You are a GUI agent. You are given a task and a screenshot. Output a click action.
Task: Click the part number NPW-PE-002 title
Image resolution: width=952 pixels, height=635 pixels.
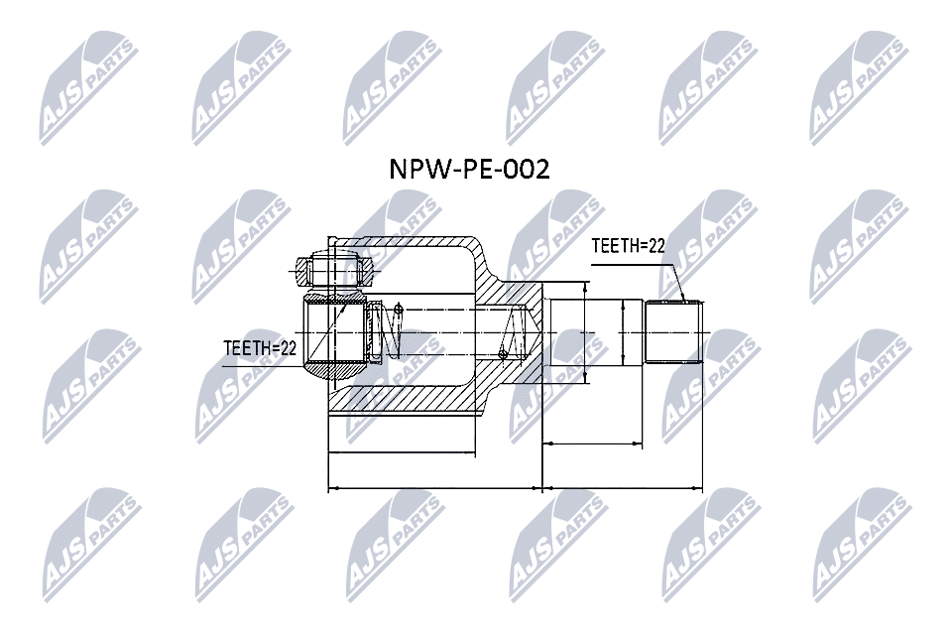(x=469, y=169)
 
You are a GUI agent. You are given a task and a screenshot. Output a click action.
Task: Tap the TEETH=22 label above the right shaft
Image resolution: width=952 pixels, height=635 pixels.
(x=629, y=246)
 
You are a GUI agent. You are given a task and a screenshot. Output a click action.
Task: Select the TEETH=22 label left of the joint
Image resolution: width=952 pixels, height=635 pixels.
(x=260, y=348)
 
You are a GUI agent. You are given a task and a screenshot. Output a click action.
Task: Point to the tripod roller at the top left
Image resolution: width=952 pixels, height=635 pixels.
(x=334, y=271)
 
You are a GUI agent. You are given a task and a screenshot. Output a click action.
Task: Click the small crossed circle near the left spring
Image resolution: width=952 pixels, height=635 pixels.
(x=399, y=309)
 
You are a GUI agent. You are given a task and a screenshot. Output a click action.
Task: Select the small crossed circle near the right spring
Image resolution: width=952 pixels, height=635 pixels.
(x=502, y=353)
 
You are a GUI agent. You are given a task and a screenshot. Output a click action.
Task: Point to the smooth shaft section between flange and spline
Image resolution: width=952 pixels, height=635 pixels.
(x=593, y=331)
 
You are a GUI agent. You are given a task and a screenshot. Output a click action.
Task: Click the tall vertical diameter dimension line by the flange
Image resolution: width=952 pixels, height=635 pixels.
(x=586, y=332)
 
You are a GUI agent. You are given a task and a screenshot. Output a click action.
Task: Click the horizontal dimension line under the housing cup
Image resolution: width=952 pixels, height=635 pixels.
(x=401, y=452)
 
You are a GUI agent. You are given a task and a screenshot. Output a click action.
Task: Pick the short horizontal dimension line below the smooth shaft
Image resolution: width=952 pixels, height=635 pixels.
(x=592, y=444)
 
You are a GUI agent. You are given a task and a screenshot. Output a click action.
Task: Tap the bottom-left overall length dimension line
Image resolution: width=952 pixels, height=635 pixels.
(x=434, y=488)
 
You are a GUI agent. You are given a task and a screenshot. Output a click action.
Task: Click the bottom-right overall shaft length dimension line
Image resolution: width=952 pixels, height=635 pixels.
(x=623, y=488)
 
